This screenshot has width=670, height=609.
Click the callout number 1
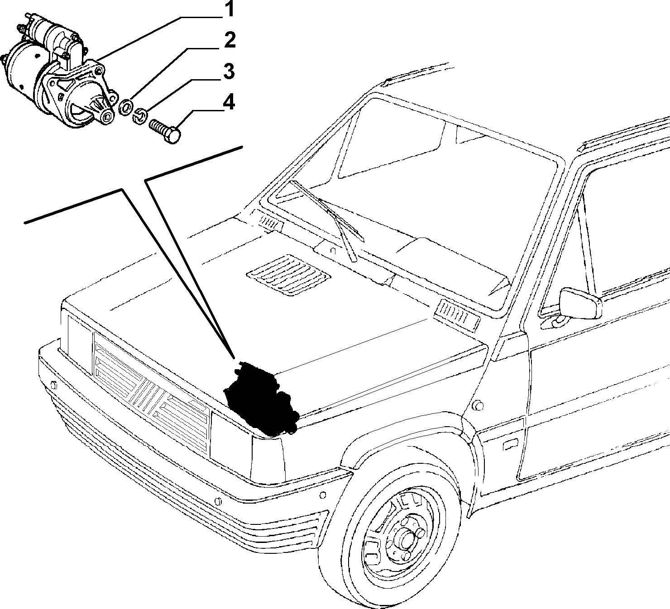229,10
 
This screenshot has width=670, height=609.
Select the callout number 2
230,40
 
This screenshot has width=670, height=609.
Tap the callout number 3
229,71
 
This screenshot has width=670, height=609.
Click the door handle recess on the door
510,445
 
